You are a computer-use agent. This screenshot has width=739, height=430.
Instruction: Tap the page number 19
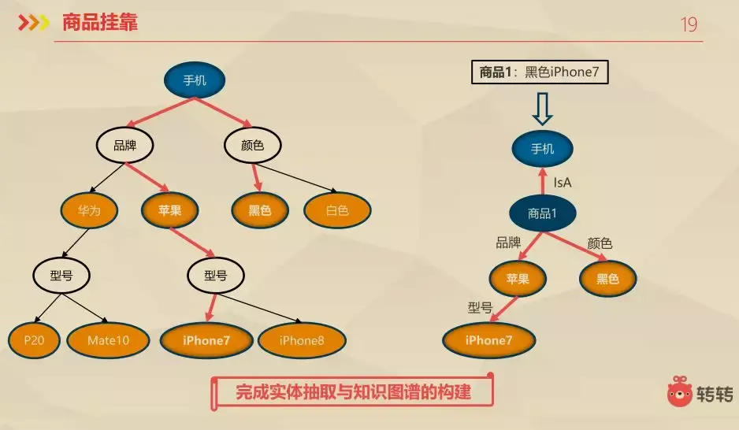tap(689, 25)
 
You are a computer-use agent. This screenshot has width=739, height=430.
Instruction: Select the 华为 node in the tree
tap(89, 210)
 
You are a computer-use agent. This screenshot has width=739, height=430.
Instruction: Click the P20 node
tap(33, 340)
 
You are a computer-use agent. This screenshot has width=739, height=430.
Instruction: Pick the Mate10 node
tap(108, 340)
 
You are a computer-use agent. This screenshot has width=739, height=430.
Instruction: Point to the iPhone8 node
tap(301, 340)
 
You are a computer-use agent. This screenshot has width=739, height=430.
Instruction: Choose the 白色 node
tap(337, 210)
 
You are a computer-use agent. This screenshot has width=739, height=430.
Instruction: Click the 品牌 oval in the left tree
tap(124, 145)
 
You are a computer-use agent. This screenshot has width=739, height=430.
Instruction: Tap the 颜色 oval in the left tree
tap(251, 145)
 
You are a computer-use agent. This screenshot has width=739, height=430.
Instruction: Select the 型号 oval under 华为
tap(61, 276)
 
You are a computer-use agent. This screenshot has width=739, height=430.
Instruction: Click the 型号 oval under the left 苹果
tap(215, 276)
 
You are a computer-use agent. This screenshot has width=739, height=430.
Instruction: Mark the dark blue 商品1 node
tap(542, 213)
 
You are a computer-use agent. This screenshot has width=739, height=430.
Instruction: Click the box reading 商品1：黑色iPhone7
tap(540, 72)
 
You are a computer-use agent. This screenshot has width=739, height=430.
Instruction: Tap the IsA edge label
tap(563, 182)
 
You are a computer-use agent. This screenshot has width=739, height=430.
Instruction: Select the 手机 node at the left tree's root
tap(195, 80)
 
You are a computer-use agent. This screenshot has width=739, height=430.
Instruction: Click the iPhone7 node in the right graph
tap(488, 340)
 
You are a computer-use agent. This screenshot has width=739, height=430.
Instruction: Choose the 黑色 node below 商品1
tap(607, 278)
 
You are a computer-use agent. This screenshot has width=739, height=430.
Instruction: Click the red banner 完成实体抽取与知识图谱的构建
tap(354, 391)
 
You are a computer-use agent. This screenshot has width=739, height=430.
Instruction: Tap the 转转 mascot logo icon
tap(680, 391)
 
